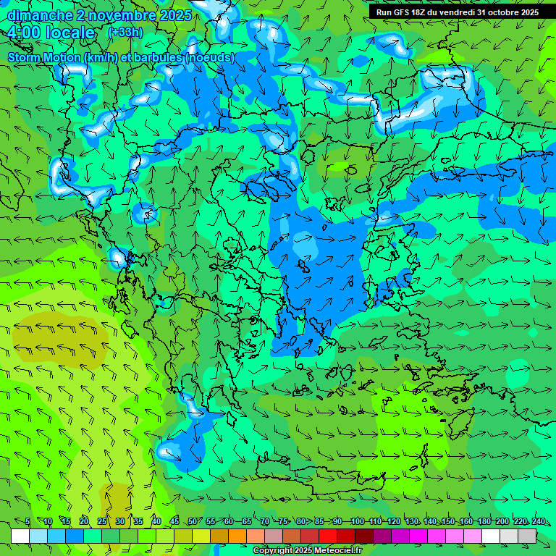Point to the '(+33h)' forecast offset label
click(x=125, y=33)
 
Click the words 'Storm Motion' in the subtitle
click(x=43, y=57)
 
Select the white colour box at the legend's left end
click(x=20, y=536)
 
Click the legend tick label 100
click(x=357, y=521)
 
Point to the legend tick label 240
click(x=539, y=521)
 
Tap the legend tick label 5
click(x=28, y=521)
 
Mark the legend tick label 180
click(x=484, y=521)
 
